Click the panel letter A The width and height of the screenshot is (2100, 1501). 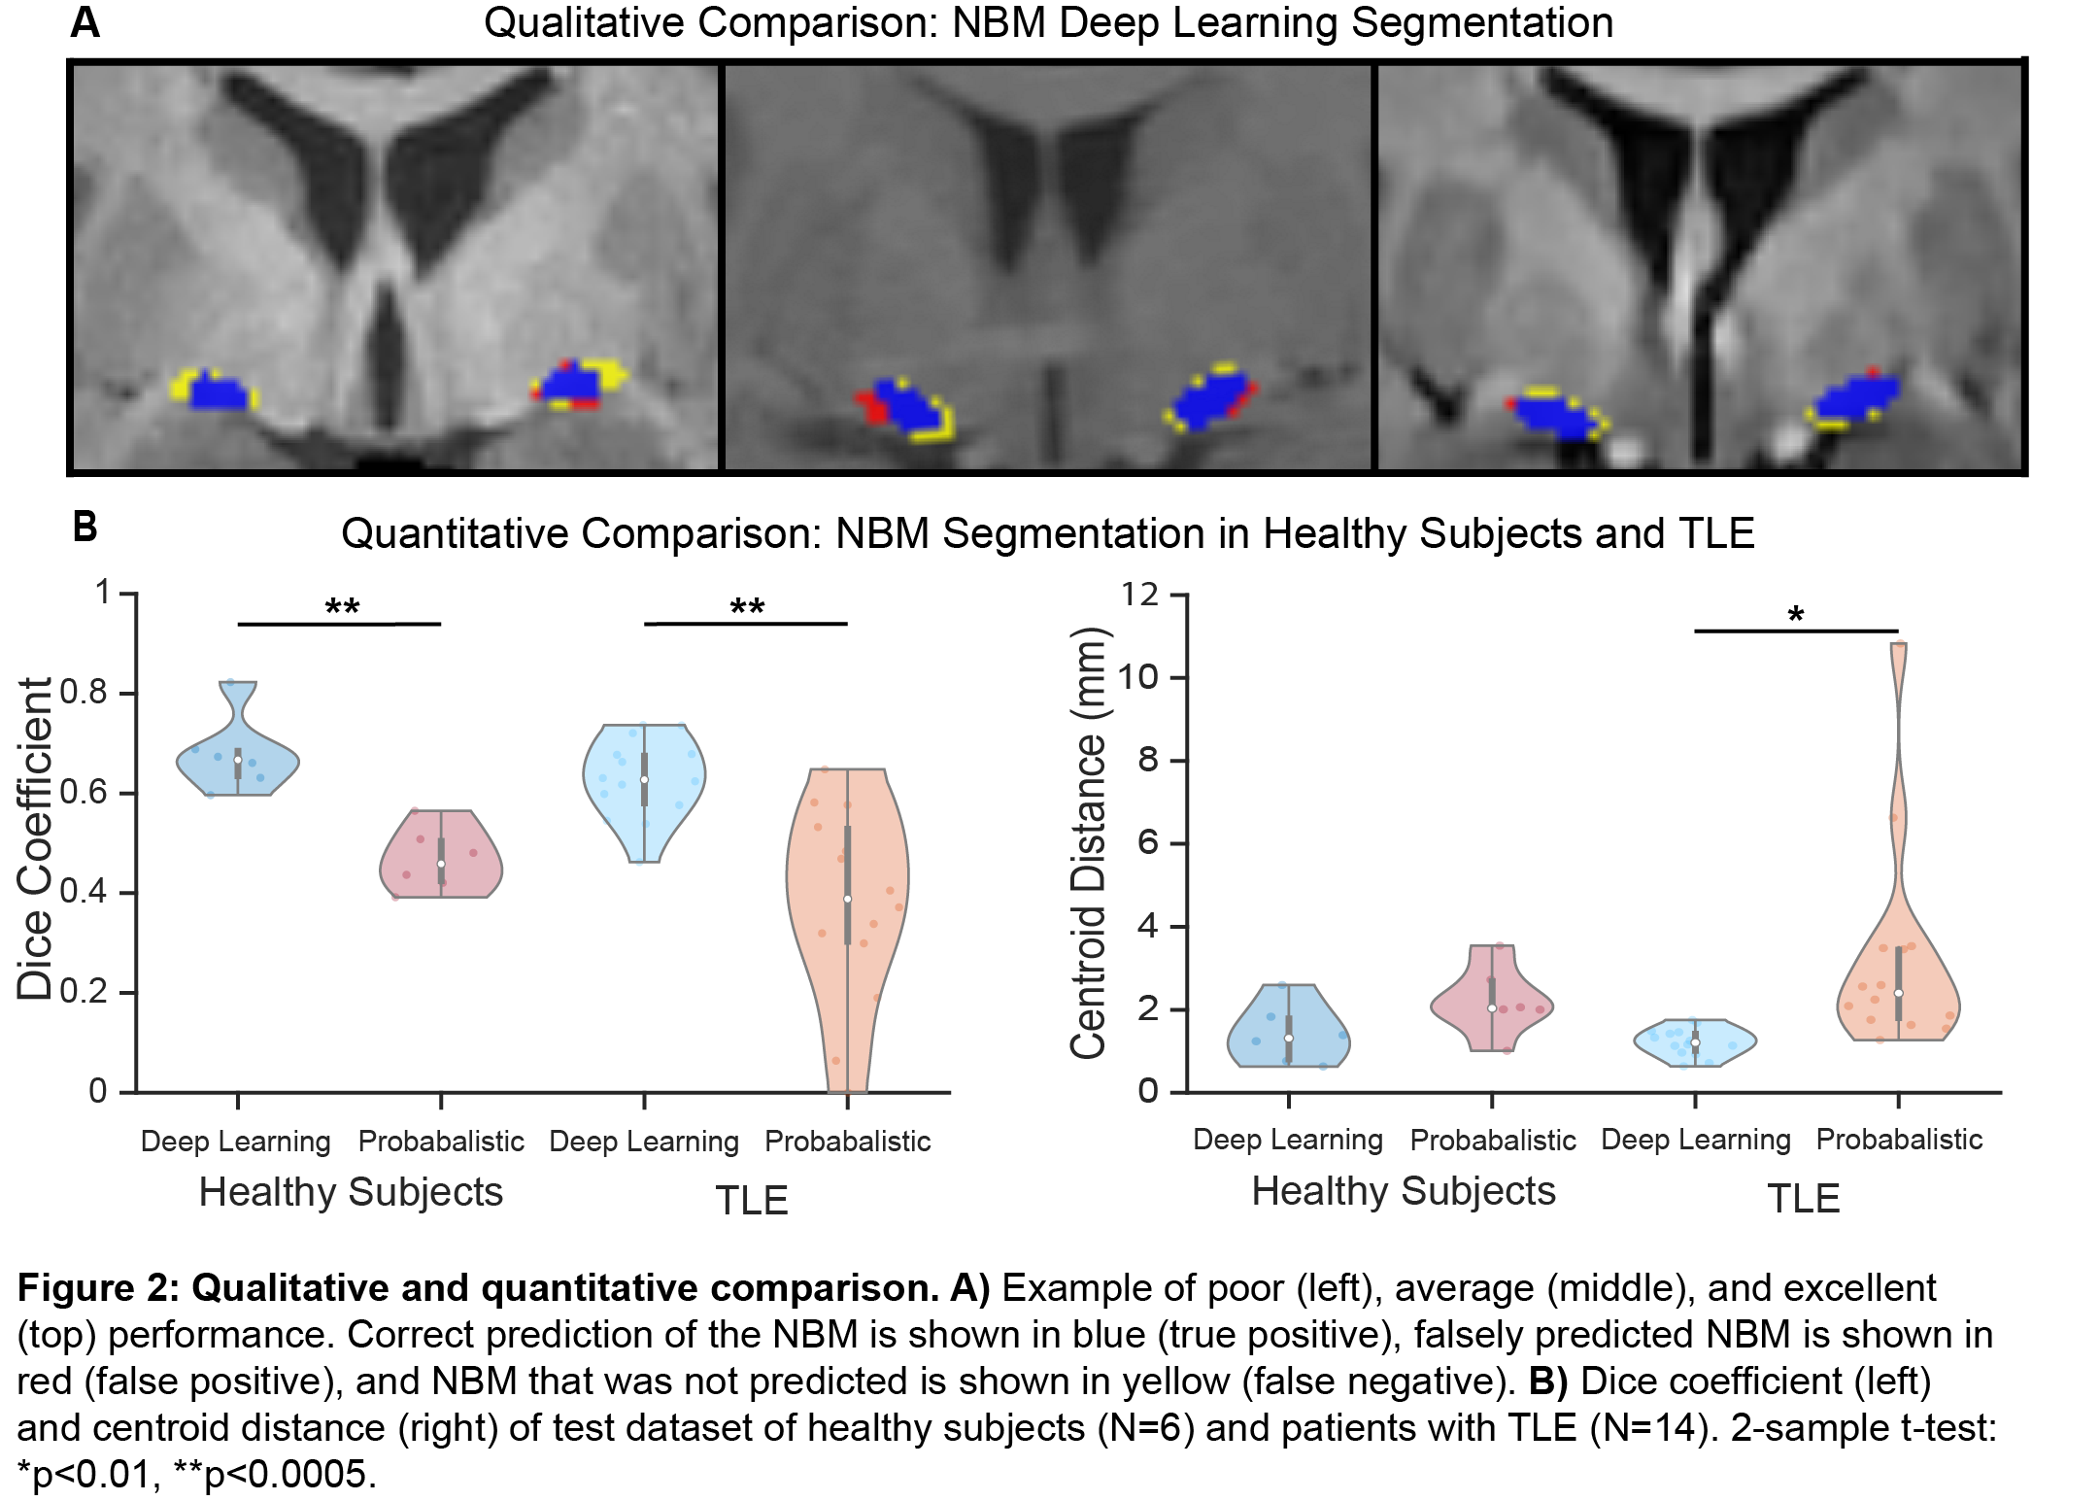coord(85,22)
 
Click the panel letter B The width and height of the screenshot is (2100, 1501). coord(85,527)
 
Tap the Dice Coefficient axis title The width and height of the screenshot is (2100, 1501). coord(35,838)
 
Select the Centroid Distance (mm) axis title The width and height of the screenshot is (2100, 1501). coord(1088,842)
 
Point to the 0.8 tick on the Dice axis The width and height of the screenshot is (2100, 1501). coord(84,693)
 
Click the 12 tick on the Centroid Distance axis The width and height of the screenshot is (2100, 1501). coord(1140,594)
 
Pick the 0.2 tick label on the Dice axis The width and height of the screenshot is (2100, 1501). coord(84,992)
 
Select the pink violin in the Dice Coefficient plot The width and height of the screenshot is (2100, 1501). coord(441,855)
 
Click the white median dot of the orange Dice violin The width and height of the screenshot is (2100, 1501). coord(847,900)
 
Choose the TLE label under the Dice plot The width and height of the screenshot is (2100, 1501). coord(751,1201)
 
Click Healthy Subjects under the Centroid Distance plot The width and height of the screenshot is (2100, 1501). coord(1403,1191)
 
